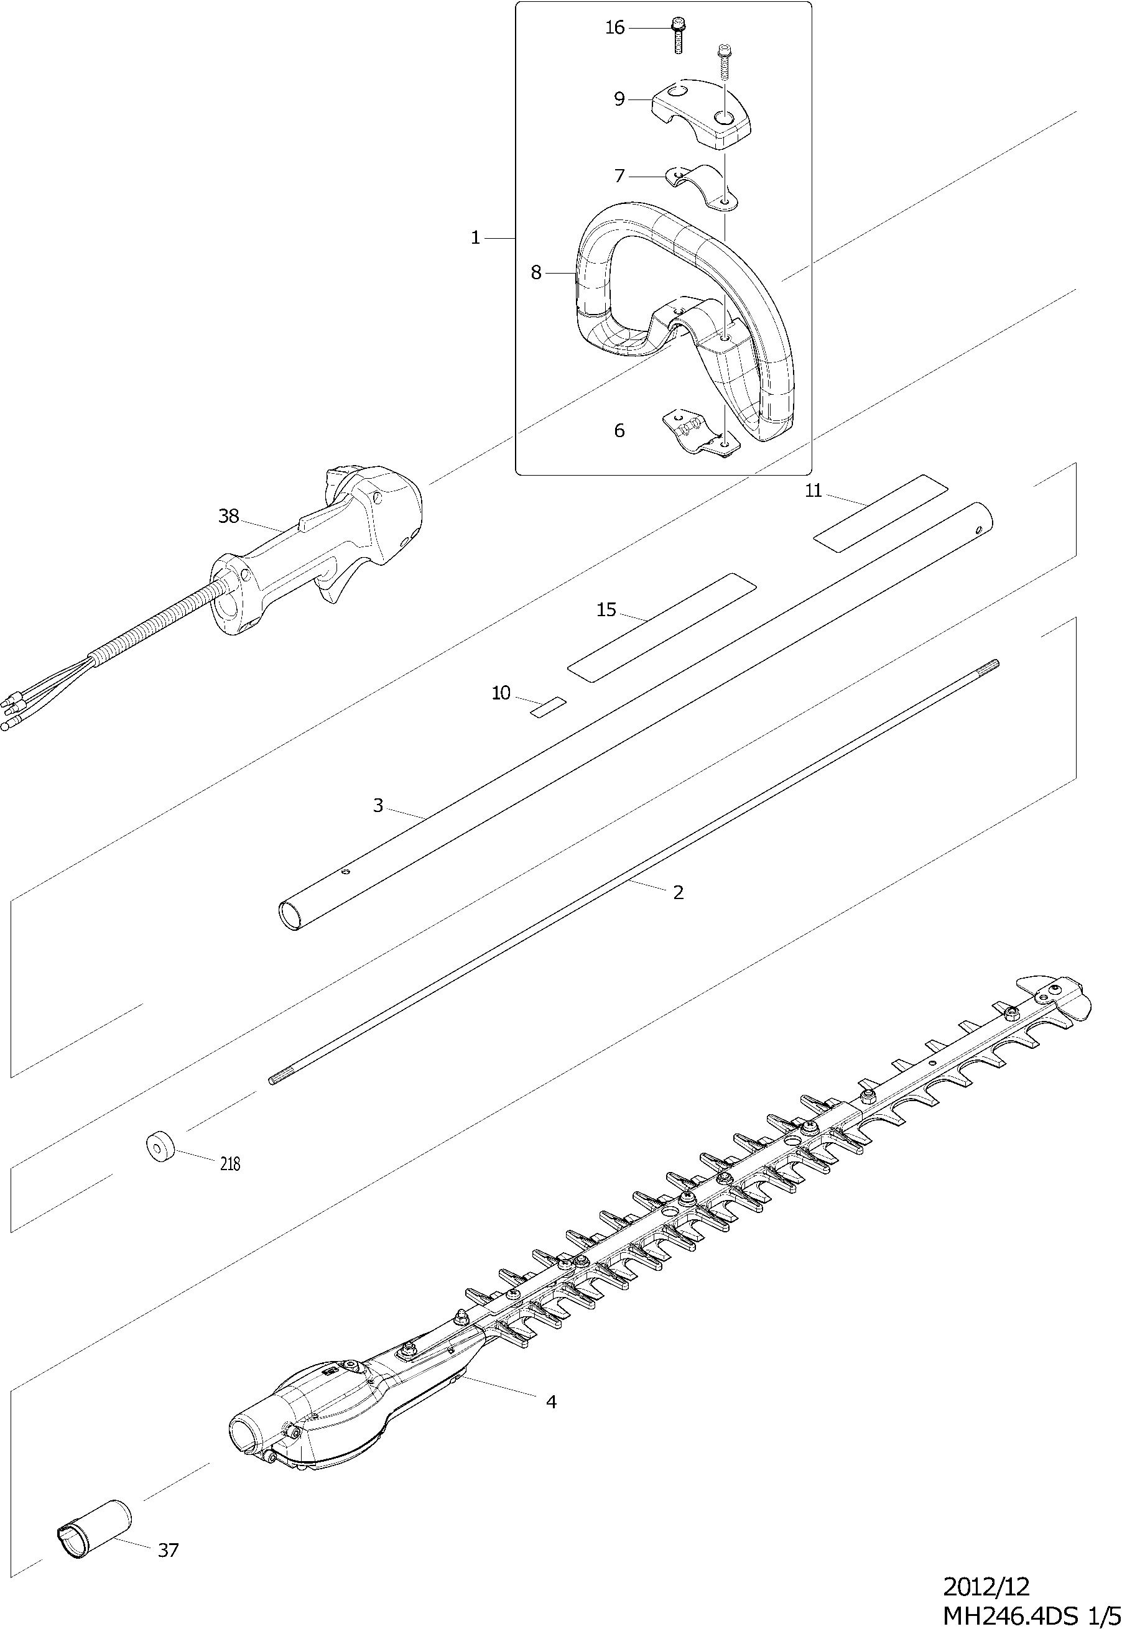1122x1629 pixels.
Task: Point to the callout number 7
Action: click(x=619, y=176)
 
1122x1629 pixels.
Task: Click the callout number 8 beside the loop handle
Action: click(x=536, y=273)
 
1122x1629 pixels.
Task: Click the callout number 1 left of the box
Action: click(x=475, y=238)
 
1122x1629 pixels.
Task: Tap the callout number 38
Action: click(x=228, y=517)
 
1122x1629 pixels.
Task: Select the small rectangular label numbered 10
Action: click(x=549, y=707)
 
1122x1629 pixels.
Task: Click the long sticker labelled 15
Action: click(x=661, y=627)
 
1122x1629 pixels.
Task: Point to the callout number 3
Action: click(x=378, y=806)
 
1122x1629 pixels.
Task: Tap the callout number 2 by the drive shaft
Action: click(x=678, y=892)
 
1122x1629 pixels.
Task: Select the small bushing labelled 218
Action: click(x=160, y=1148)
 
